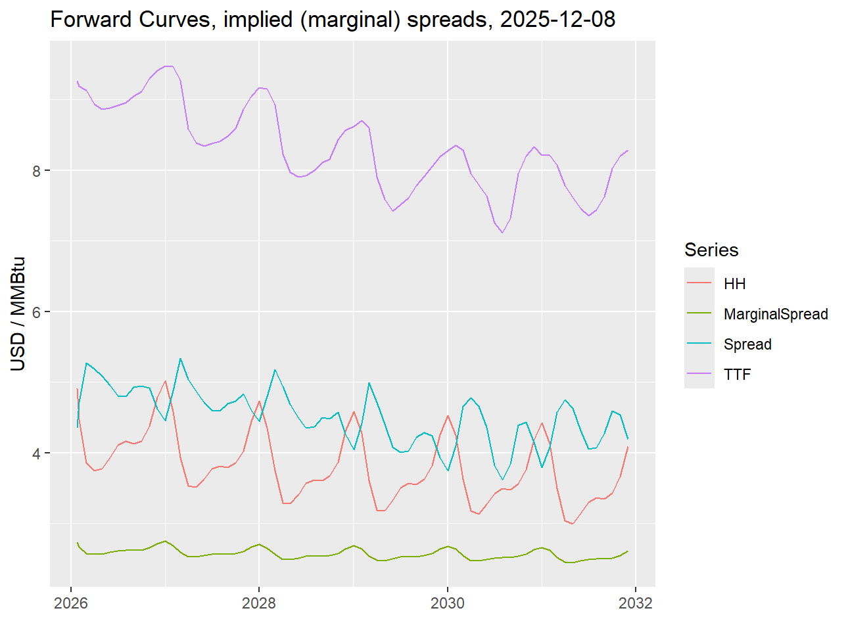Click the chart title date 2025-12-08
(557, 20)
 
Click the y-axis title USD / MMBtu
(18, 313)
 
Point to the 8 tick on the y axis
(37, 171)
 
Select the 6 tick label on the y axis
(37, 312)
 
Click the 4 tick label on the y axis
(37, 453)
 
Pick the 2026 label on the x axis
(70, 603)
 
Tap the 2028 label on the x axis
(259, 603)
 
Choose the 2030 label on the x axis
(448, 603)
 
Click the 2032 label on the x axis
(636, 603)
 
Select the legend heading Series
(711, 250)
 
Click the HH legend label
(734, 284)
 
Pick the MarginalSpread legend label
(776, 314)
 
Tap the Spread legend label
(747, 344)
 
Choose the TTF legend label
(737, 375)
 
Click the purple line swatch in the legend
(699, 373)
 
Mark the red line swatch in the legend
(699, 283)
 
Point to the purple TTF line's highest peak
(168, 66)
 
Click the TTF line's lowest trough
(502, 233)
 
